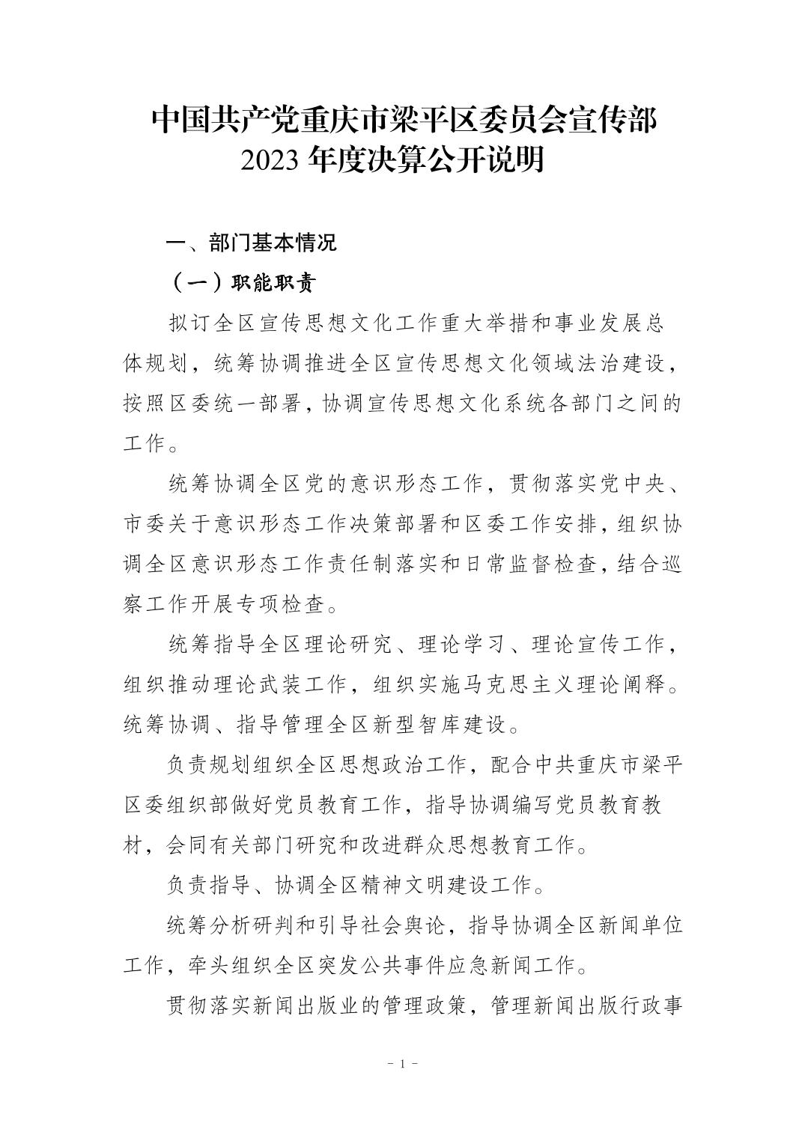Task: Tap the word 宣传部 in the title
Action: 614,121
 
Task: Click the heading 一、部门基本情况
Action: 251,243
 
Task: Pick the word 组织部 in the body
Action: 197,806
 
